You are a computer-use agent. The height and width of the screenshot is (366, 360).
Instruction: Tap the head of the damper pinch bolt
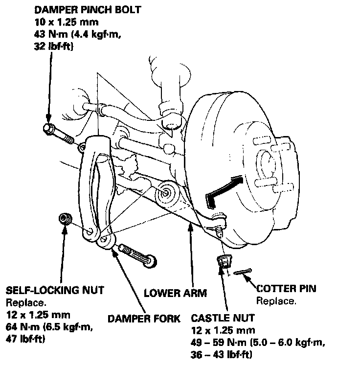point(48,129)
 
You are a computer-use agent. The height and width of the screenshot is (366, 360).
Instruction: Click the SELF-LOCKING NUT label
point(55,290)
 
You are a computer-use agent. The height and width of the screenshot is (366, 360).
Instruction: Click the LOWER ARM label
point(175,294)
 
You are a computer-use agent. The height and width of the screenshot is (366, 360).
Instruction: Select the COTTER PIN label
point(286,289)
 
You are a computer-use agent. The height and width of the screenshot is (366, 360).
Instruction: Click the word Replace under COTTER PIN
point(276,301)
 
